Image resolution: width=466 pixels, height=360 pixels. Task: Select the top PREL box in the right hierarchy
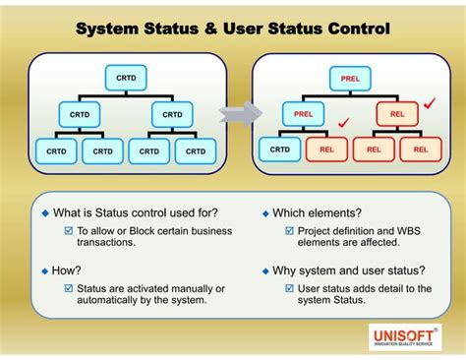(x=350, y=77)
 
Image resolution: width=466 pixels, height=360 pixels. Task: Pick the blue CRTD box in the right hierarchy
(x=280, y=150)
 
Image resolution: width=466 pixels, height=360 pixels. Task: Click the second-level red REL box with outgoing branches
(x=398, y=114)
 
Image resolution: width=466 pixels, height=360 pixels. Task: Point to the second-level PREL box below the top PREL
(x=303, y=114)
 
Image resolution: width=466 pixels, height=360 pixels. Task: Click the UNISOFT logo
(x=404, y=336)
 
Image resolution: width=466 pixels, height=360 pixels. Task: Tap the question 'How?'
(x=65, y=269)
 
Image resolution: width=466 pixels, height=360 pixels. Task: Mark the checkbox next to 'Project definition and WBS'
(x=289, y=231)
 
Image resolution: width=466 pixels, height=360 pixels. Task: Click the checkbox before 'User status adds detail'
(x=289, y=288)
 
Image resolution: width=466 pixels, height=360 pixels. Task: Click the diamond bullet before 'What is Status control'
(x=44, y=212)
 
